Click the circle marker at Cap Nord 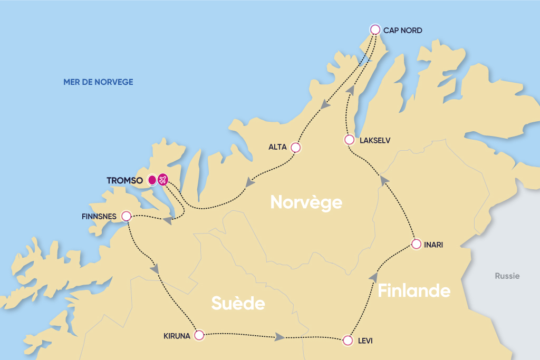point(375,30)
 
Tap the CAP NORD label point(402,31)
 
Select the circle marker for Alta point(296,148)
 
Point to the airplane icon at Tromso point(162,180)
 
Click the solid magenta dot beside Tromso point(152,180)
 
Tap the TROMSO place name point(126,180)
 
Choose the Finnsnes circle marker point(126,216)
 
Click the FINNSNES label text point(99,217)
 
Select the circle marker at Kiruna point(199,335)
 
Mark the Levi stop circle point(348,340)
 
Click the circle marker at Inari point(416,244)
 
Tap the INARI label point(433,245)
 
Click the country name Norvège point(306,202)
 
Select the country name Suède point(238,303)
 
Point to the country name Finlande point(414,290)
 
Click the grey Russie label point(507,276)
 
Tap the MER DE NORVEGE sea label point(98,82)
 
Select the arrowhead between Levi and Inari point(374,277)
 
